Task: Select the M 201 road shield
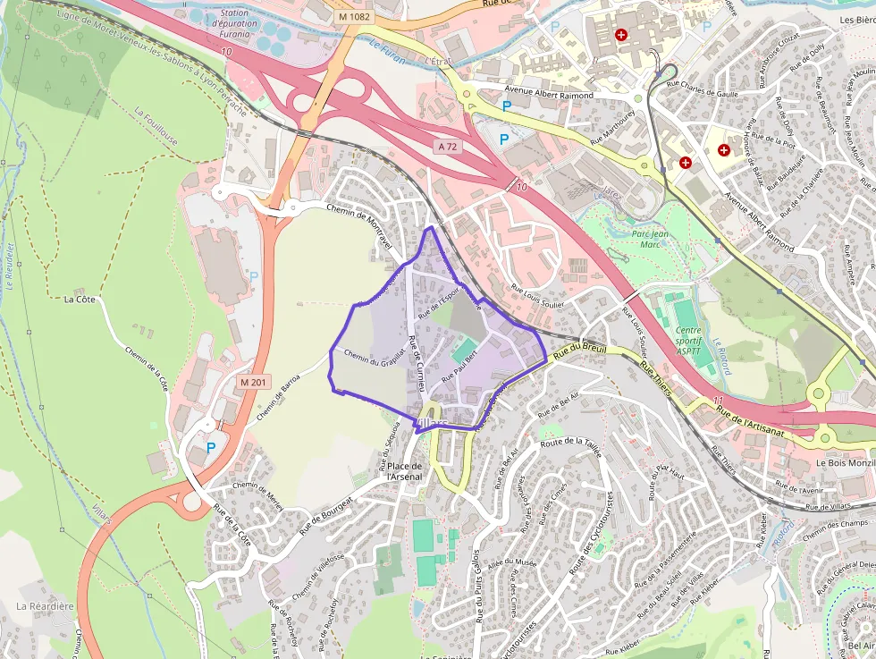click(x=254, y=382)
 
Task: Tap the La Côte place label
click(x=80, y=300)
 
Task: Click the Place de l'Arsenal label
click(x=403, y=471)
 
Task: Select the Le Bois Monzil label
click(x=844, y=463)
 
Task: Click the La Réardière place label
click(x=45, y=606)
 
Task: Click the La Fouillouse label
click(x=156, y=128)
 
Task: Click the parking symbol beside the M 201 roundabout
click(x=211, y=448)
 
